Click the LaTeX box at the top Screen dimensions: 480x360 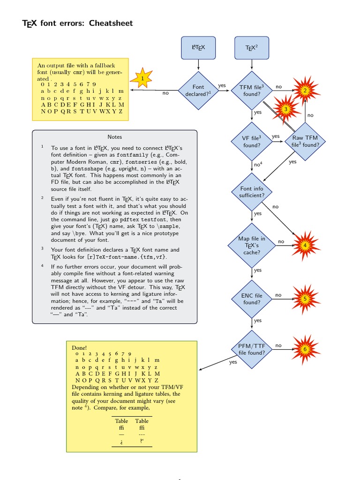pyautogui.click(x=198, y=47)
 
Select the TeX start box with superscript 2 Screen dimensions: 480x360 pyautogui.click(x=252, y=47)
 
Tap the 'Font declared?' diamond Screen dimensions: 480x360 pyautogui.click(x=198, y=90)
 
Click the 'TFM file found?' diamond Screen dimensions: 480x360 pyautogui.click(x=252, y=90)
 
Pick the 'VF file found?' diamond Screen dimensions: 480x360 pyautogui.click(x=252, y=141)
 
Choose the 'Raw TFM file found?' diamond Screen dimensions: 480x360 pyautogui.click(x=305, y=141)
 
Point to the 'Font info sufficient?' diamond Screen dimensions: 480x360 pyautogui.click(x=252, y=192)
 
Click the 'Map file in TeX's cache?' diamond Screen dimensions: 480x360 pyautogui.click(x=252, y=245)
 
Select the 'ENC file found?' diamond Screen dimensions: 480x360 pyautogui.click(x=252, y=299)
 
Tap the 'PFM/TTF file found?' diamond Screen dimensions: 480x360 pyautogui.click(x=252, y=349)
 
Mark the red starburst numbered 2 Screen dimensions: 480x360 pyautogui.click(x=305, y=90)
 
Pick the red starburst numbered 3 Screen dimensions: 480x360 pyautogui.click(x=285, y=109)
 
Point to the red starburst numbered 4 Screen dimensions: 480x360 pyautogui.click(x=305, y=245)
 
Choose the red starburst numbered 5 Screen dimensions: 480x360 pyautogui.click(x=305, y=298)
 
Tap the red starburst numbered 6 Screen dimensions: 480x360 pyautogui.click(x=305, y=349)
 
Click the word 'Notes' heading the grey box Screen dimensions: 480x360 pyautogui.click(x=114, y=137)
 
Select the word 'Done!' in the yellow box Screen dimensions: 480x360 pyautogui.click(x=79, y=348)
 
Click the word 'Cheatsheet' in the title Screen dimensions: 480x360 pyautogui.click(x=111, y=23)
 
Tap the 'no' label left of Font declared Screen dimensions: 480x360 pyautogui.click(x=165, y=93)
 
